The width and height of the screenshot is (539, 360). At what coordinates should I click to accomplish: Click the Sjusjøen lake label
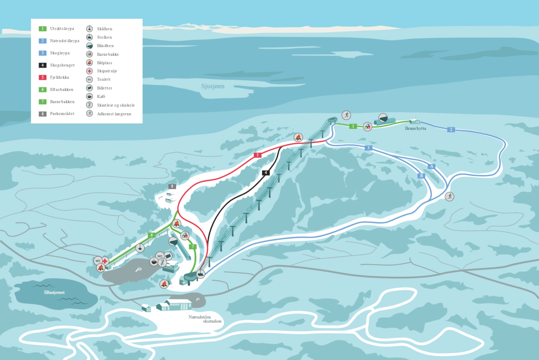(213, 86)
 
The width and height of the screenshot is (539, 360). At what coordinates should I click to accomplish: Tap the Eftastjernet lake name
(54, 292)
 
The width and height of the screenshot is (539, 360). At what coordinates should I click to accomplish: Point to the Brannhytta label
(415, 129)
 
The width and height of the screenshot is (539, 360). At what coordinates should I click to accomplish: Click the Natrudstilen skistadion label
(205, 319)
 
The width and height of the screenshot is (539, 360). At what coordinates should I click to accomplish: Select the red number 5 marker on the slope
(257, 155)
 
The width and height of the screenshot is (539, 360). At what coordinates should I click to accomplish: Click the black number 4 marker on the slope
(265, 173)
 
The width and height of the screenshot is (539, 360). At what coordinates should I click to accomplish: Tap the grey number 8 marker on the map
(172, 186)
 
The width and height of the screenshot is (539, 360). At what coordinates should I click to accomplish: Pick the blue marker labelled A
(432, 166)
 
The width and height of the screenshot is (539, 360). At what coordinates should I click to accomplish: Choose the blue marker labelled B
(421, 176)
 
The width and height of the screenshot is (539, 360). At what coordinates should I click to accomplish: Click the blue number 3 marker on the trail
(368, 148)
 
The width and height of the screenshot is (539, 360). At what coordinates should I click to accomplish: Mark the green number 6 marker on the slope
(152, 235)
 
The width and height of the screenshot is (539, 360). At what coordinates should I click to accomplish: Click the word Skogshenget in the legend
(62, 65)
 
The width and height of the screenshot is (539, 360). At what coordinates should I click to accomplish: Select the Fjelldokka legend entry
(59, 77)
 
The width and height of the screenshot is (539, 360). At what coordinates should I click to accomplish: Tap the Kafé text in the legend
(101, 96)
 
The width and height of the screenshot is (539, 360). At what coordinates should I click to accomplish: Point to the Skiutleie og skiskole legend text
(116, 105)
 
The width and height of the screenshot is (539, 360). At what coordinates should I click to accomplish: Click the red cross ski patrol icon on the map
(105, 261)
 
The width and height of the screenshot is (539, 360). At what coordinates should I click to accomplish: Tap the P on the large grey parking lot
(138, 270)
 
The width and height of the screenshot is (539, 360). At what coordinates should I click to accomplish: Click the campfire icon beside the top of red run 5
(298, 138)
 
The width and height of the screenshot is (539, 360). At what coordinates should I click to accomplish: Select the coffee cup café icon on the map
(154, 262)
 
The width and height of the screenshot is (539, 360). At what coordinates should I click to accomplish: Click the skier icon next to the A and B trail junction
(449, 196)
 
